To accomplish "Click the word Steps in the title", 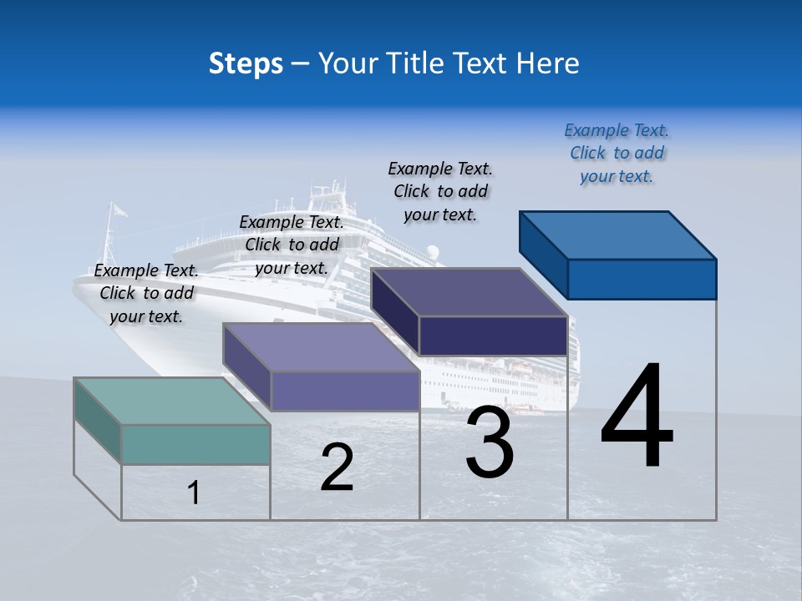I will (x=246, y=63).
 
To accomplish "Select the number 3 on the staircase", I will (x=490, y=442).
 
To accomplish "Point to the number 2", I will (x=337, y=467).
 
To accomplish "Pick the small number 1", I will (x=194, y=492).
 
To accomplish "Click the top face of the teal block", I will (x=171, y=401).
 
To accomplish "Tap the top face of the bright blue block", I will (x=618, y=235).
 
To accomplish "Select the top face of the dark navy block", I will (x=470, y=292).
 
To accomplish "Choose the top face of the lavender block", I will (x=321, y=347).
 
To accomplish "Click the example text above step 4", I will (x=617, y=153).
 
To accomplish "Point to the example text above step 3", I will (x=440, y=191).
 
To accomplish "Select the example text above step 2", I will (x=292, y=245).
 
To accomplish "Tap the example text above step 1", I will (x=146, y=293).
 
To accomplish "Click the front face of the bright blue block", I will (x=642, y=279).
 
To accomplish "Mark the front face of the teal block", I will (x=195, y=444).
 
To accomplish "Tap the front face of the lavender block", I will (x=344, y=391).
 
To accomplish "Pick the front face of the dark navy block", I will (x=493, y=336).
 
